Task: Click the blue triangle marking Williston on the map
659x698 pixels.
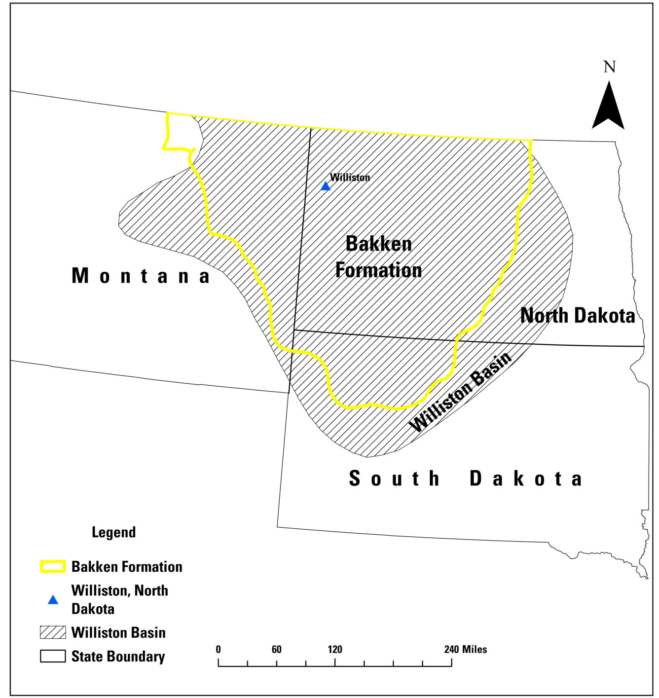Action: [x=326, y=186]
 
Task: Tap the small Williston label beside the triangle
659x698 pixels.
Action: [x=350, y=178]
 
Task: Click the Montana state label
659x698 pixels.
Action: [x=141, y=276]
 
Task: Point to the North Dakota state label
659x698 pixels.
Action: [x=578, y=316]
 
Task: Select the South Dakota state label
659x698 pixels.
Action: [x=466, y=478]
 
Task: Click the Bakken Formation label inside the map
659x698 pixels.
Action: [x=378, y=257]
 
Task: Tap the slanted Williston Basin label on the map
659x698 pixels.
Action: [x=460, y=392]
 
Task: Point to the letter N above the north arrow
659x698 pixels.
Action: [x=610, y=67]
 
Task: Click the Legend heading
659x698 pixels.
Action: [x=113, y=532]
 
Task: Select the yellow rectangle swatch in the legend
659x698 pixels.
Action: [x=53, y=566]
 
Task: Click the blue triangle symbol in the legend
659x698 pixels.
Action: [x=53, y=600]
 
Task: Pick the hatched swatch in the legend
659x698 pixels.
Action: [x=53, y=632]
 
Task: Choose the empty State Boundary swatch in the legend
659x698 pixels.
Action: [x=53, y=656]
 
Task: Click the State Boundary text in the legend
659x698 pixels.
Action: [x=118, y=657]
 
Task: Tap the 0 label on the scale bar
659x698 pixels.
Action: [x=218, y=649]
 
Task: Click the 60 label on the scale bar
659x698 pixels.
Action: [x=277, y=649]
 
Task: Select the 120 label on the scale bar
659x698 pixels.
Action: [x=335, y=649]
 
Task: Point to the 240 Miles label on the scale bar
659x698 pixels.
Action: [x=465, y=649]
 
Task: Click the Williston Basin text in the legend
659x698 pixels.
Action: [x=118, y=633]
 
